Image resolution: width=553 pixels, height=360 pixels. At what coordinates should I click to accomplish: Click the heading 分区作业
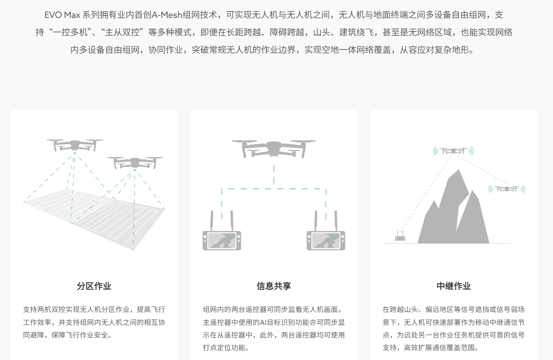[94, 286]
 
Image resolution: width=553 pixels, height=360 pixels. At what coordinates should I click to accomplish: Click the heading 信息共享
[274, 286]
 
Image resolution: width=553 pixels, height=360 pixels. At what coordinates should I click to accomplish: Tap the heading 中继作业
[453, 286]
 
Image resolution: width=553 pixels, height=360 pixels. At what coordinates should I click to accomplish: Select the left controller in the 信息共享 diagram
[222, 240]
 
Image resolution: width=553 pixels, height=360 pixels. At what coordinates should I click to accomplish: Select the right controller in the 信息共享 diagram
[326, 240]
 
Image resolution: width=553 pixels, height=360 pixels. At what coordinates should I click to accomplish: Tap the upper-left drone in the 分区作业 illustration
[75, 144]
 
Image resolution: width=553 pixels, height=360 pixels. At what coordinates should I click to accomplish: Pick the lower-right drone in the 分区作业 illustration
[135, 162]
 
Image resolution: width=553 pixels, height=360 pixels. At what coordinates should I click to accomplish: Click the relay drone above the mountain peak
[453, 151]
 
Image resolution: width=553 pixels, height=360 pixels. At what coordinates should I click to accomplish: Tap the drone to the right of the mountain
[507, 189]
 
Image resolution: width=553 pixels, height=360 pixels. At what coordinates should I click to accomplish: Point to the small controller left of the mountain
[400, 238]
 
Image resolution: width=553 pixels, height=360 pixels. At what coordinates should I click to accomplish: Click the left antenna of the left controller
[212, 220]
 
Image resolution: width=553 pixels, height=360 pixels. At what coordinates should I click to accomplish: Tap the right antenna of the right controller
[336, 220]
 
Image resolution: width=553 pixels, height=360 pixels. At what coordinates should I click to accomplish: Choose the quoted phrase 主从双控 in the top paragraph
[122, 32]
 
